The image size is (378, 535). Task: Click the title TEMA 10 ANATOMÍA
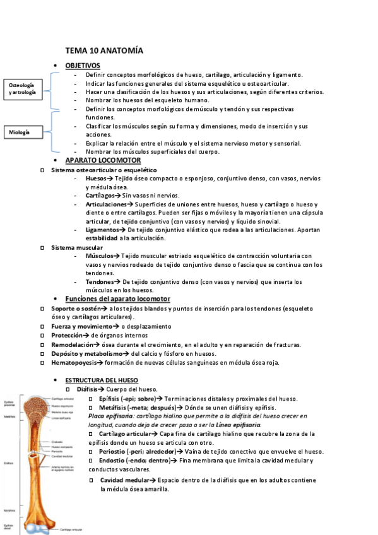(104, 50)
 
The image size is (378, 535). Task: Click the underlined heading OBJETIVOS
(82, 66)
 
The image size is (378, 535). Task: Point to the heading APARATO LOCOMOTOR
(103, 160)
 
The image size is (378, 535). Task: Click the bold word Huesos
(96, 179)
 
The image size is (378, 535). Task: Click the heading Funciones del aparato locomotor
(117, 298)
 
